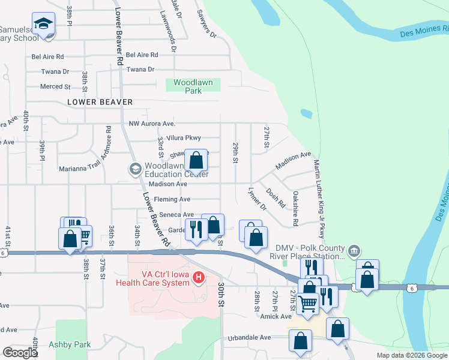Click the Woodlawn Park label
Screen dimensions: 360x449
tap(193, 86)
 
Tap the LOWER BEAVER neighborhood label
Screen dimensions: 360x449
tap(100, 103)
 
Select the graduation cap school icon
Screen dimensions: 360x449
tap(43, 24)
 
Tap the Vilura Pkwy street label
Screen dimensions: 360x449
tap(184, 138)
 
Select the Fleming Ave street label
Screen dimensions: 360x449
tap(172, 199)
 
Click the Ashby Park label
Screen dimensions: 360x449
tap(74, 344)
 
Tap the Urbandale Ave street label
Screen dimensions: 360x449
tap(249, 338)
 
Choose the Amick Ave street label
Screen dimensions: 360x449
tap(276, 316)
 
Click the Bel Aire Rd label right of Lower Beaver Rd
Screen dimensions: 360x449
tap(142, 55)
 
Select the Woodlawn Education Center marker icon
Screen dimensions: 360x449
tap(135, 169)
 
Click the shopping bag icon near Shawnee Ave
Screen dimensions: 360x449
tap(196, 161)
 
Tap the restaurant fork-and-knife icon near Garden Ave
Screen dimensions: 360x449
tap(196, 229)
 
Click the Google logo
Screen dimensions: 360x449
tap(20, 353)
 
